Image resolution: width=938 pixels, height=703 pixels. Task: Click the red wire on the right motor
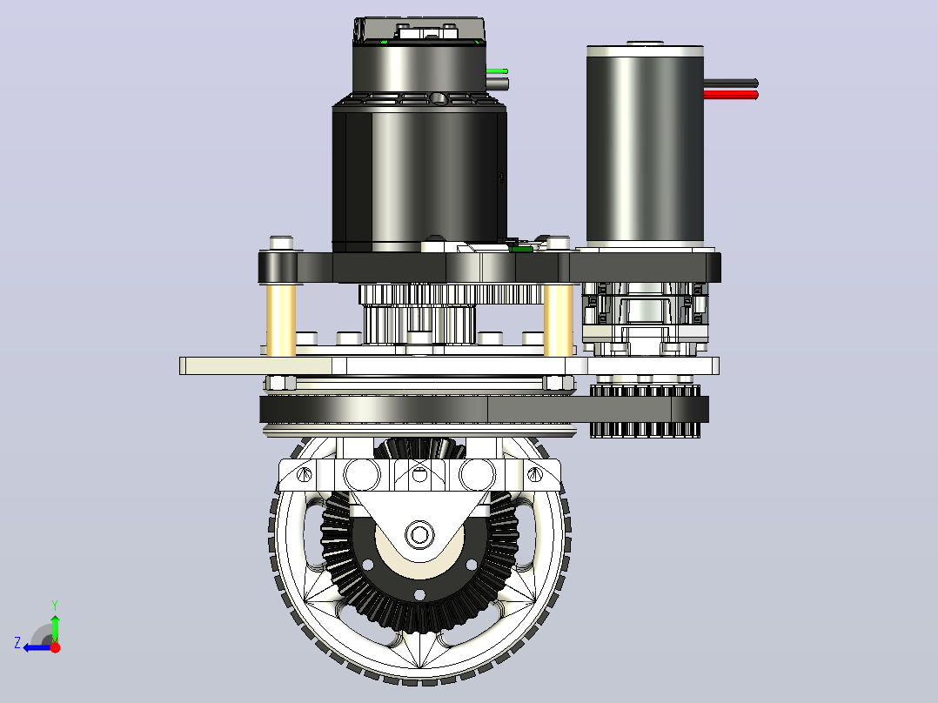730,95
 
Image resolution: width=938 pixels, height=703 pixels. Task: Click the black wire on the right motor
730,84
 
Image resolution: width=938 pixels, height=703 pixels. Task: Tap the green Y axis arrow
55,622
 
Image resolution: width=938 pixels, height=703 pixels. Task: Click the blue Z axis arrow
37,648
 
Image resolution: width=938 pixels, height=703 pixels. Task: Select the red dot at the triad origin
55,647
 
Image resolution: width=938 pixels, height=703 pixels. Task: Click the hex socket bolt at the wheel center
419,533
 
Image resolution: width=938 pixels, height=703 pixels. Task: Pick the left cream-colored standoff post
281,320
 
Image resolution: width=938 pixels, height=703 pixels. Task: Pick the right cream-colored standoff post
559,320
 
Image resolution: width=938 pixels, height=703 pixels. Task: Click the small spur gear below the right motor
645,412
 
